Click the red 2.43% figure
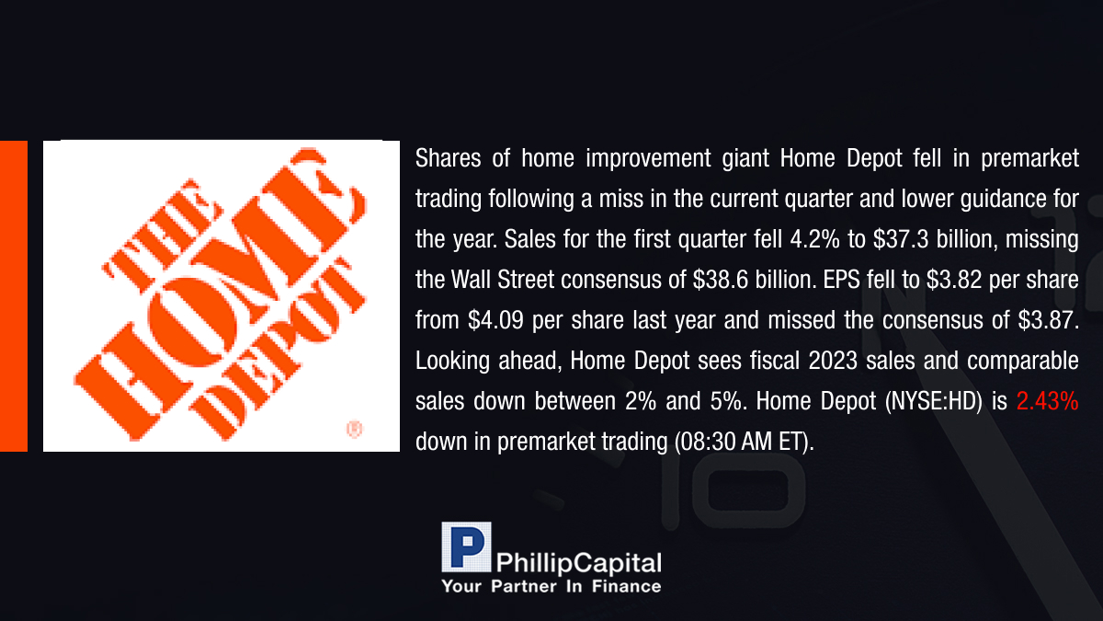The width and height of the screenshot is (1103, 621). [x=1047, y=401]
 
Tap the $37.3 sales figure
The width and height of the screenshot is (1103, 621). [x=901, y=239]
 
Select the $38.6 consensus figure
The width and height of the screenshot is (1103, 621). [x=721, y=280]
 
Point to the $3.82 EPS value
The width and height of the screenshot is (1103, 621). [x=954, y=280]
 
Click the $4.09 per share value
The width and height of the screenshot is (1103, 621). [x=495, y=320]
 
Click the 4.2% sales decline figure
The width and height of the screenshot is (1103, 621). [x=814, y=239]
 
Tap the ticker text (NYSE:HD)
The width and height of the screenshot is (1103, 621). [x=933, y=402]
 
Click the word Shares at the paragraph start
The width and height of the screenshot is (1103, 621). [x=449, y=158]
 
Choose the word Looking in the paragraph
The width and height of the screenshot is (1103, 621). [x=452, y=362]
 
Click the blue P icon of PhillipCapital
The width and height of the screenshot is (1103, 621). [x=466, y=546]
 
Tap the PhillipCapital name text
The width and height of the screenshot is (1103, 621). [x=578, y=564]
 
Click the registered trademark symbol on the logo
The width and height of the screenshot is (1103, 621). [x=355, y=429]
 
